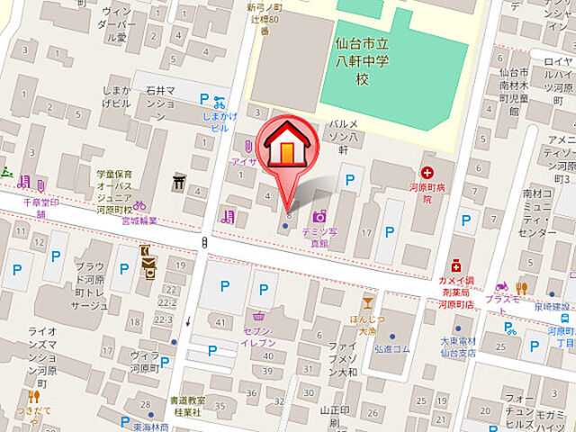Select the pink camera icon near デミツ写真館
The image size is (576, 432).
point(319,216)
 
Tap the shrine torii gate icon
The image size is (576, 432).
point(178,183)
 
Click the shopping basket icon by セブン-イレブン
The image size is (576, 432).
point(259,316)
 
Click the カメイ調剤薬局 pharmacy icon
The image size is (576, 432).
point(457,265)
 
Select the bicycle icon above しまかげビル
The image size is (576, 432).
point(219,103)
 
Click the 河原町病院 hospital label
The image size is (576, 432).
point(427,193)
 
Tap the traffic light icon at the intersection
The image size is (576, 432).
point(206,242)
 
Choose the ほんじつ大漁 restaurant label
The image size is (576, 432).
point(367,325)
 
